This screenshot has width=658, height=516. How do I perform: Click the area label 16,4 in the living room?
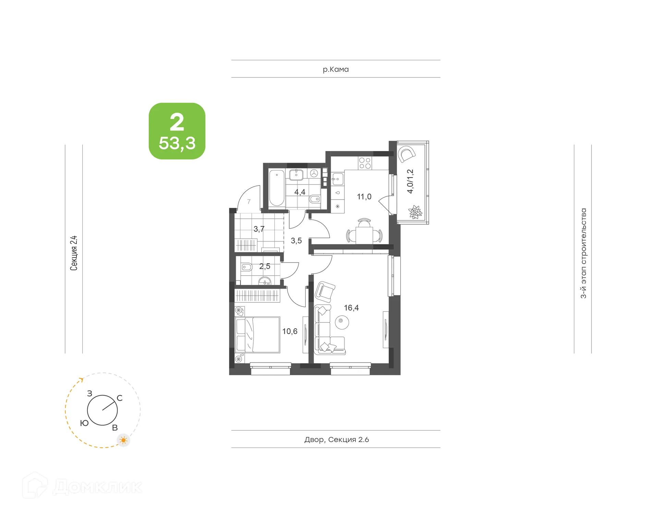(x=351, y=308)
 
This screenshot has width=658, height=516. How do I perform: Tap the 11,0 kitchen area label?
(x=364, y=197)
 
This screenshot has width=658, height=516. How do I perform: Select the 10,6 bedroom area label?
(x=290, y=331)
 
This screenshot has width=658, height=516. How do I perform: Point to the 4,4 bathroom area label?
(x=300, y=192)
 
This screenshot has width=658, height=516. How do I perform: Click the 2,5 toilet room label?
(x=265, y=266)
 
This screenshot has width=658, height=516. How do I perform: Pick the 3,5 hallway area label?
(x=296, y=241)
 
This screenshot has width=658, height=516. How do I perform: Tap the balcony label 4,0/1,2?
(x=410, y=181)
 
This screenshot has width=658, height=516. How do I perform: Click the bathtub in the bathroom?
(x=277, y=188)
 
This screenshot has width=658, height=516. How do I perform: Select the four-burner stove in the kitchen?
(x=365, y=163)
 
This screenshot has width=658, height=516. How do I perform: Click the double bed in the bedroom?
(x=258, y=335)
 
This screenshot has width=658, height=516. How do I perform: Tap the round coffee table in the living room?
(x=342, y=322)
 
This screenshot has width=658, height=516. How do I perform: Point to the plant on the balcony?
(x=415, y=212)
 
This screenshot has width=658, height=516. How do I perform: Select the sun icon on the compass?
(x=123, y=440)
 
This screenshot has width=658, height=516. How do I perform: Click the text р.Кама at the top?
(x=336, y=70)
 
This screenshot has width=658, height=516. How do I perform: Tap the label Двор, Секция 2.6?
(x=337, y=440)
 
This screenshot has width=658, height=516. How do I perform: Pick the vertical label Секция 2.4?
(x=74, y=253)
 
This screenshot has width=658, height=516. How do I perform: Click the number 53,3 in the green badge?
(x=177, y=143)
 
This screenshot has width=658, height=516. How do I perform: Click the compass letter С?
(x=120, y=398)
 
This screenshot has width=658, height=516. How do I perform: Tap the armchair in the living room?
(x=325, y=291)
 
